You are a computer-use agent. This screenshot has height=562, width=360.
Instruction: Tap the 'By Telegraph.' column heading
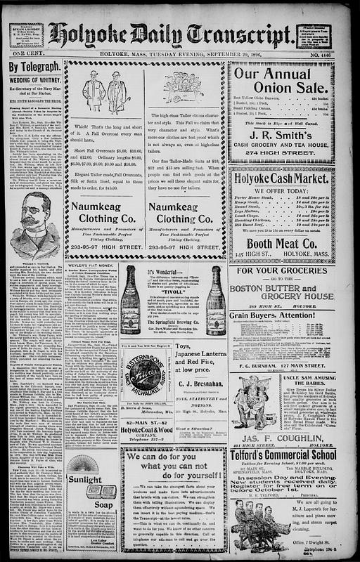pos(33,67)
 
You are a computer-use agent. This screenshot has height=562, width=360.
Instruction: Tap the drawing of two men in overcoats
pos(104,91)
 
